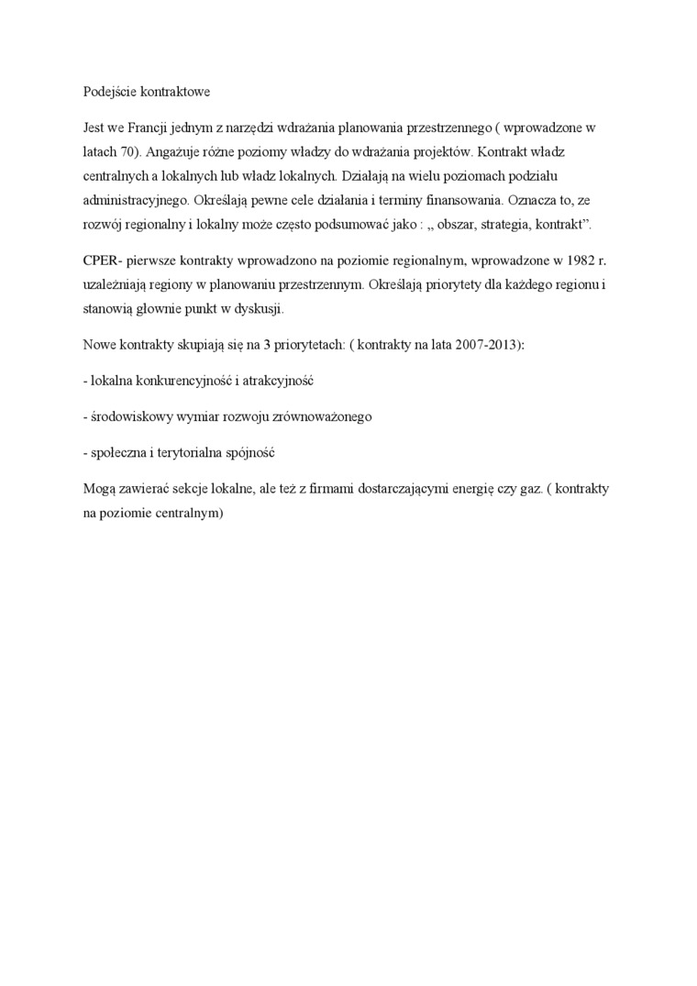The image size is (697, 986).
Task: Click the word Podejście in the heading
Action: coord(109,93)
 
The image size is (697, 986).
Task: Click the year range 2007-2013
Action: coord(485,345)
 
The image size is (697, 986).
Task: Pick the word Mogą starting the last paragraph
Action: coord(97,490)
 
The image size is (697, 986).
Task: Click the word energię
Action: coord(469,490)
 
